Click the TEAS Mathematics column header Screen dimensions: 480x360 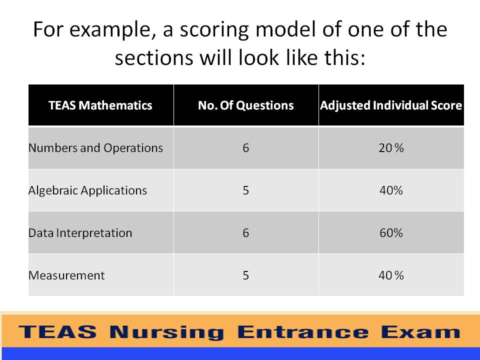[x=100, y=105]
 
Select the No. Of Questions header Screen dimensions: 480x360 [x=246, y=105]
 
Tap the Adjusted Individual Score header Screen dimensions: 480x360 [x=391, y=105]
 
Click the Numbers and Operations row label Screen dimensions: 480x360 [x=95, y=148]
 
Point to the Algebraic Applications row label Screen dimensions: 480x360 [x=87, y=190]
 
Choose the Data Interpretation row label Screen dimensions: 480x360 [x=80, y=233]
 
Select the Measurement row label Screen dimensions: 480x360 [x=66, y=275]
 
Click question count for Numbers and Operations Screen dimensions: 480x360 [x=246, y=148]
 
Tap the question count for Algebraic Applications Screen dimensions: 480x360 [x=246, y=190]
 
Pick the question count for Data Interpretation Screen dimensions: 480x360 [x=246, y=233]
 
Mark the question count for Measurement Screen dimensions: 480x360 [x=246, y=275]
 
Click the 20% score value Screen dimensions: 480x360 [x=391, y=148]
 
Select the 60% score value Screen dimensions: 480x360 [x=391, y=233]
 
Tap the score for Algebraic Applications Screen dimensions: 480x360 [x=391, y=190]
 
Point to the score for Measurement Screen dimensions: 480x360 [x=391, y=275]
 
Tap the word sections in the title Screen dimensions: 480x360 [x=154, y=58]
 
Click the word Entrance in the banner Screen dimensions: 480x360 [x=303, y=332]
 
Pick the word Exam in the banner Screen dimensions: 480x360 [x=421, y=332]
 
